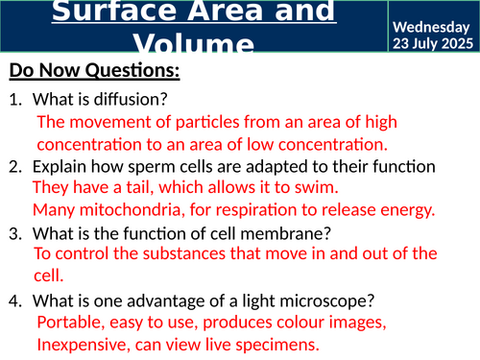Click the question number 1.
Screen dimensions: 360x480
click(14, 99)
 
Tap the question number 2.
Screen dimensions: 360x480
click(14, 167)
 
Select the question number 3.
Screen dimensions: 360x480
click(14, 232)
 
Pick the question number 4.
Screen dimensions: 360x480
click(14, 300)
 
